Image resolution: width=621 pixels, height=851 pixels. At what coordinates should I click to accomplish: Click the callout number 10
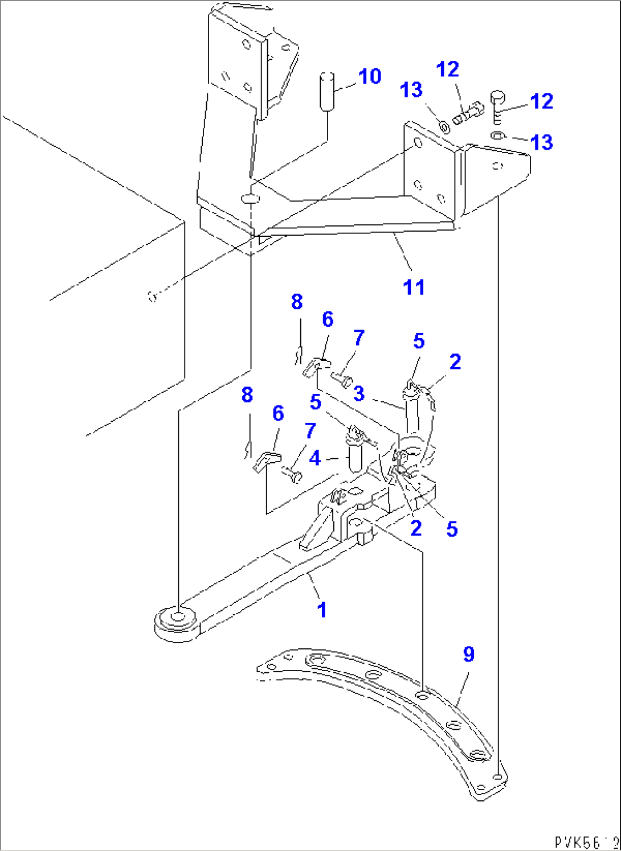[370, 76]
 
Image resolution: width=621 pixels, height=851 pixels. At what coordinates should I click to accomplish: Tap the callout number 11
[414, 287]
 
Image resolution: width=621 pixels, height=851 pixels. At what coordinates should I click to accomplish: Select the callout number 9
[468, 654]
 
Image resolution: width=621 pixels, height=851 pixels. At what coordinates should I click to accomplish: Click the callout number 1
[322, 610]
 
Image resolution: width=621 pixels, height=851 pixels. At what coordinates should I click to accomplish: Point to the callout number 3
[359, 393]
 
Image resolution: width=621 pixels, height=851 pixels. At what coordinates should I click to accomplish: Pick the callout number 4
[315, 458]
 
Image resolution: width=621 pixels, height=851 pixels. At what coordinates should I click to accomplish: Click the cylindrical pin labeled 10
[327, 91]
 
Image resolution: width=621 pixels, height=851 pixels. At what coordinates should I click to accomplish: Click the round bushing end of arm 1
[177, 620]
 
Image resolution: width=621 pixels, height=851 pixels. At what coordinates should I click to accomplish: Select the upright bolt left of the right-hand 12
[496, 106]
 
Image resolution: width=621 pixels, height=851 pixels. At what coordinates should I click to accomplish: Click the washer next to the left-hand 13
[444, 124]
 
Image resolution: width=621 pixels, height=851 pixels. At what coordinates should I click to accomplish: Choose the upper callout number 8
[297, 302]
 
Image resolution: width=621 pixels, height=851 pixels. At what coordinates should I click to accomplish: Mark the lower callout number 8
[247, 394]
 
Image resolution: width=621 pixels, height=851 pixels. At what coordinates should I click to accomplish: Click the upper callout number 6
[328, 319]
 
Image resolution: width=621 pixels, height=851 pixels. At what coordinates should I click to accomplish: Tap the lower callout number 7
[310, 431]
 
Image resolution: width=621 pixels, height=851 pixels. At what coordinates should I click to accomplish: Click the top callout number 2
[455, 361]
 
